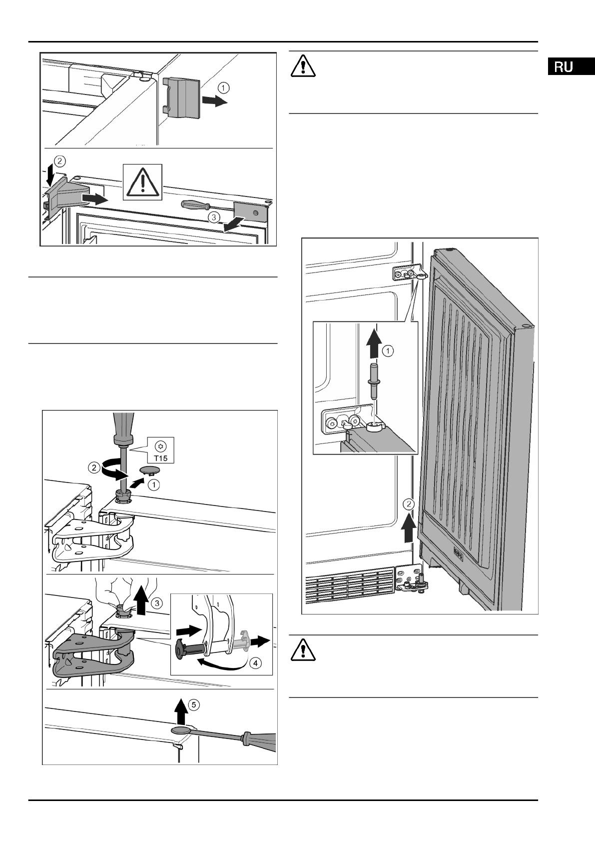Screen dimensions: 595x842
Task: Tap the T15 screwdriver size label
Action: pos(161,458)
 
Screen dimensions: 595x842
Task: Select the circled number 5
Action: pos(194,704)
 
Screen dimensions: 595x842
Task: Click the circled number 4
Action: pos(255,663)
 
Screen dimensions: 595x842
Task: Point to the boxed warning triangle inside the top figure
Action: pos(143,182)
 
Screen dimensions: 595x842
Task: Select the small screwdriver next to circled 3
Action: pos(208,207)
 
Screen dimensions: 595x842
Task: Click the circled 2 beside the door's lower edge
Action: pos(410,504)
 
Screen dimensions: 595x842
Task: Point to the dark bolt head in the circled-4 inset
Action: pos(179,650)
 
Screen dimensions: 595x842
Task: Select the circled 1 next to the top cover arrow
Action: pos(223,88)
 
